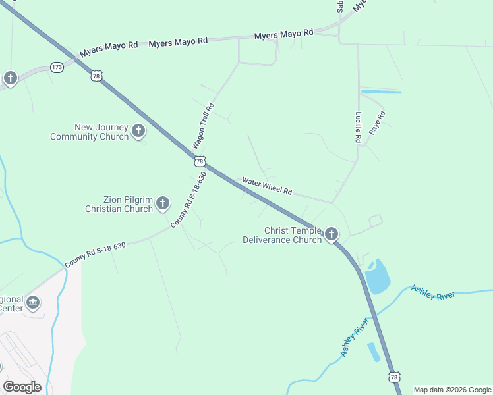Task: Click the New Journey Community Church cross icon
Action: [138, 131]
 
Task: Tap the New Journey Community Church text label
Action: [89, 132]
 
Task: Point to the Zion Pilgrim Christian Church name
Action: [119, 204]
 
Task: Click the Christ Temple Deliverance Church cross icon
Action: [331, 234]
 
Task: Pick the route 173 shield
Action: [57, 67]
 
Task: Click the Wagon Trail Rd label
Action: [204, 125]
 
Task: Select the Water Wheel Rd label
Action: [267, 186]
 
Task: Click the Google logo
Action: [22, 386]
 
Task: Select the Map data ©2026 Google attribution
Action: [451, 390]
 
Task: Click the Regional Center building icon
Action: [32, 303]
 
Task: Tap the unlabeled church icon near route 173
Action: [10, 78]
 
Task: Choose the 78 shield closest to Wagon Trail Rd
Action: [200, 161]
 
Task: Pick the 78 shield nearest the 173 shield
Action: [97, 76]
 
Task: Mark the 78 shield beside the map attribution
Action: [394, 377]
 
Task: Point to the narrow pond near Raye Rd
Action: [381, 91]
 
